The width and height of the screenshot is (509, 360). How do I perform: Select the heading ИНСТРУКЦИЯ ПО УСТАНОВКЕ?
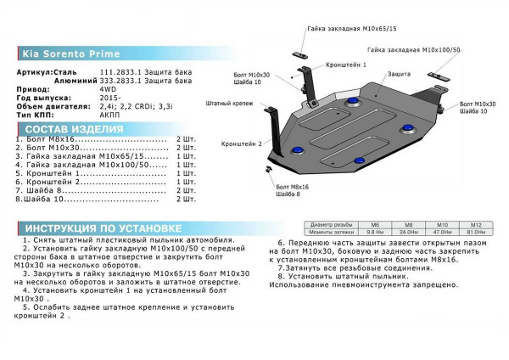point(102,228)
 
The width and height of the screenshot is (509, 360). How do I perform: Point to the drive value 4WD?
point(107,88)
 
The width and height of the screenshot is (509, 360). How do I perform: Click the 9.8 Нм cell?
point(373,231)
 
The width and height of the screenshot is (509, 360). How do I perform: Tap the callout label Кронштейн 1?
point(346,65)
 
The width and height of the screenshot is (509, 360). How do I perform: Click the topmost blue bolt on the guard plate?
point(350,101)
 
